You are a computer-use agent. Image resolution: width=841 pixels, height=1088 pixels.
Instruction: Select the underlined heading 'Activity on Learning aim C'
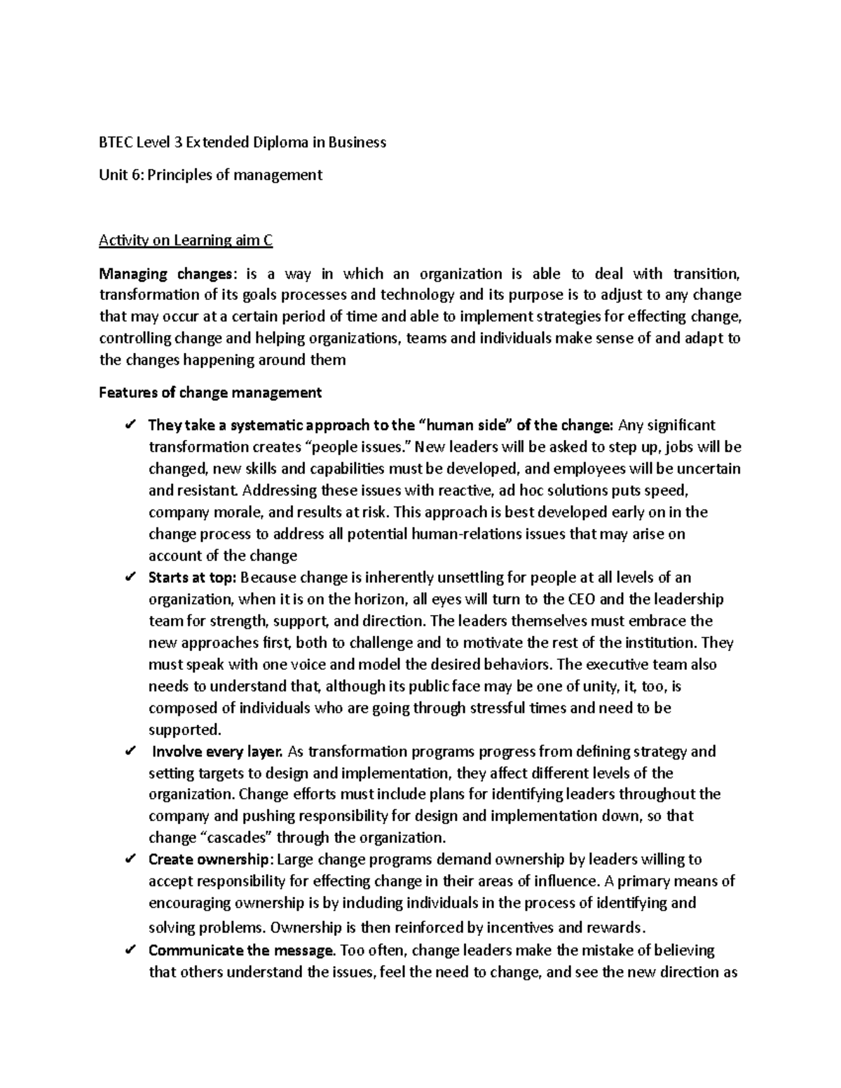(186, 241)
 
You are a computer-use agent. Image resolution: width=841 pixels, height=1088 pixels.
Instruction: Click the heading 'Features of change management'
(210, 393)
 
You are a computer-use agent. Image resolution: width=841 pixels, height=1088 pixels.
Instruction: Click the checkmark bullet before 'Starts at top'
(130, 578)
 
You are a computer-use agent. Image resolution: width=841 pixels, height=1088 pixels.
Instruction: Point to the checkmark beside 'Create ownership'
(130, 860)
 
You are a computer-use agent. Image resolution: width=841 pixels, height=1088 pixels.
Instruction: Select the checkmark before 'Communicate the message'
(130, 951)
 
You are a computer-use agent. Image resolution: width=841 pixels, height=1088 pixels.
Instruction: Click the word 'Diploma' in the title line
(280, 143)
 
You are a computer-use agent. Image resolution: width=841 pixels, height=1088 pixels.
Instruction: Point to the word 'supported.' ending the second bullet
(184, 730)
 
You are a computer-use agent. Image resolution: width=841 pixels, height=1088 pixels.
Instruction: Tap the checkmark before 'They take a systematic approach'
(130, 425)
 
